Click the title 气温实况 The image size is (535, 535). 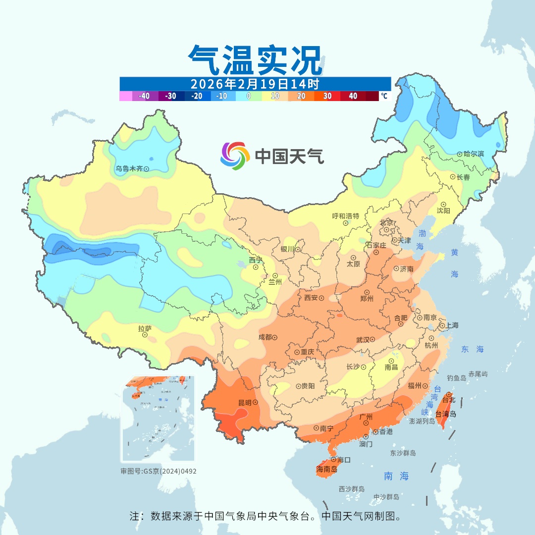(x=255, y=60)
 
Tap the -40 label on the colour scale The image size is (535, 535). (x=144, y=96)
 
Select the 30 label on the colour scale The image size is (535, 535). (x=327, y=96)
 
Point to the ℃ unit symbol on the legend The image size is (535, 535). (x=384, y=96)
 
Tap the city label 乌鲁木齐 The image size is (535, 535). (x=129, y=169)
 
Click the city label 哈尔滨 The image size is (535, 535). (x=474, y=154)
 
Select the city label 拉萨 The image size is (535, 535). (x=145, y=328)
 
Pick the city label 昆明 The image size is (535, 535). (x=245, y=402)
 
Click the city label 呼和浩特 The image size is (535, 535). (x=345, y=216)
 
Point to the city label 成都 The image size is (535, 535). (x=265, y=337)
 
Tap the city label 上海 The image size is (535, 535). (x=452, y=325)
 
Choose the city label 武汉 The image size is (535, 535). (x=363, y=340)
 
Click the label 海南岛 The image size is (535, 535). (x=327, y=469)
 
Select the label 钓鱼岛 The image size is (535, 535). (x=456, y=378)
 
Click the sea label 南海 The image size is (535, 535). (x=396, y=476)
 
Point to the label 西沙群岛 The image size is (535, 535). (x=352, y=489)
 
